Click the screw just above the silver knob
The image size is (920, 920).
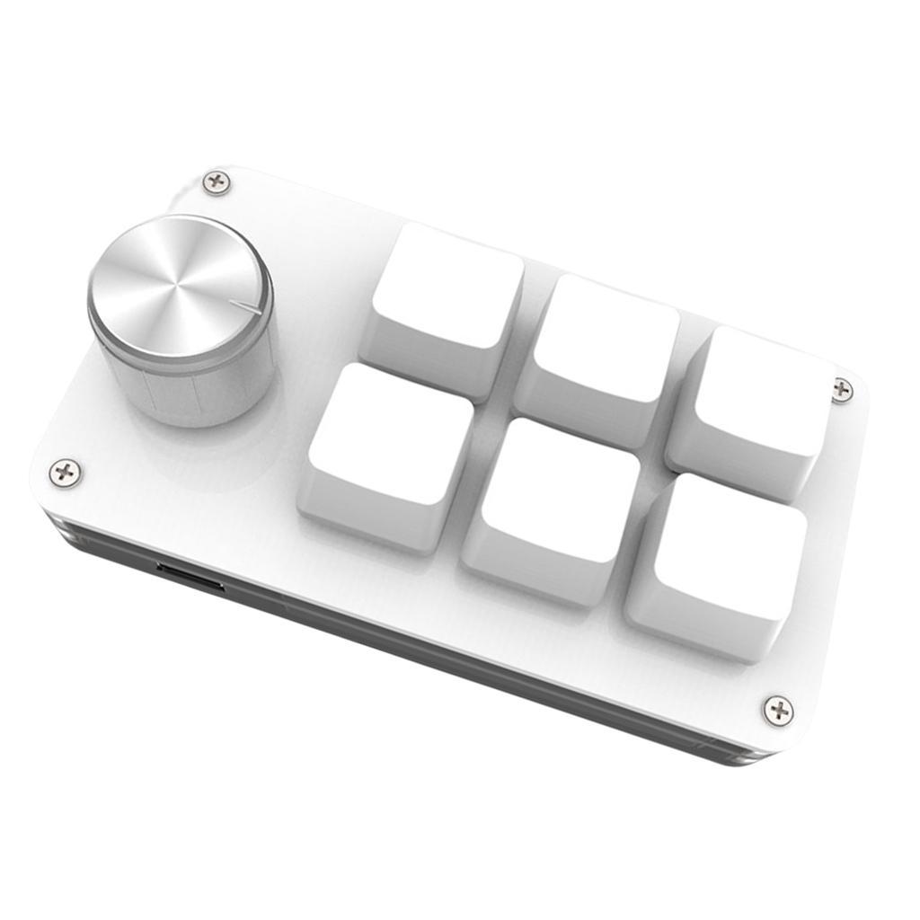[x=216, y=182]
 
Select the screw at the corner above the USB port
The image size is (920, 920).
[x=65, y=471]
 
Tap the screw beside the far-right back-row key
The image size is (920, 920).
[x=842, y=390]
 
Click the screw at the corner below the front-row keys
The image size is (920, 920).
[x=778, y=710]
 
